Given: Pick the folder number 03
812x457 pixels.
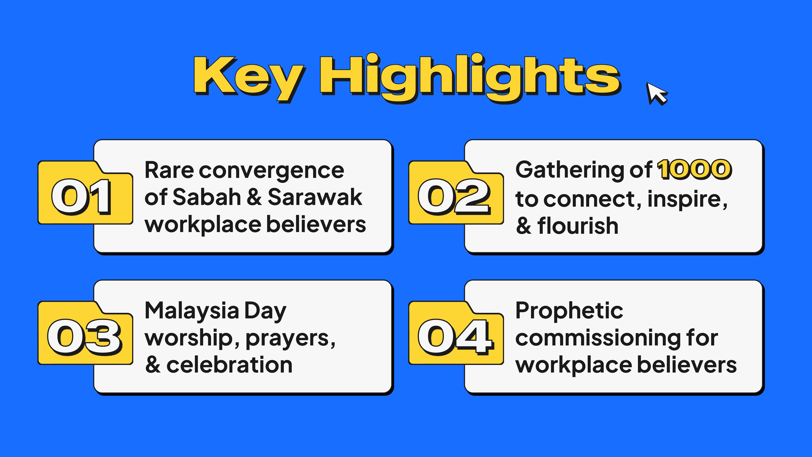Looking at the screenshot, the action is (84, 337).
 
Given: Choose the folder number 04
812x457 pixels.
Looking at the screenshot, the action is (456, 337).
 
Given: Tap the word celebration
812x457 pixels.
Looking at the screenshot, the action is (230, 365).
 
